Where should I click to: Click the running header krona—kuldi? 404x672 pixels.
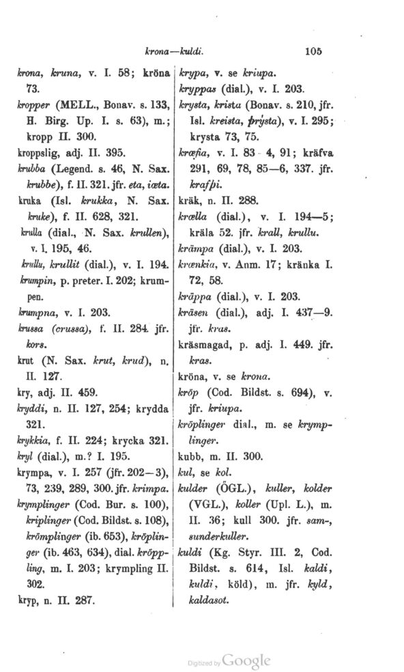(175, 51)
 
